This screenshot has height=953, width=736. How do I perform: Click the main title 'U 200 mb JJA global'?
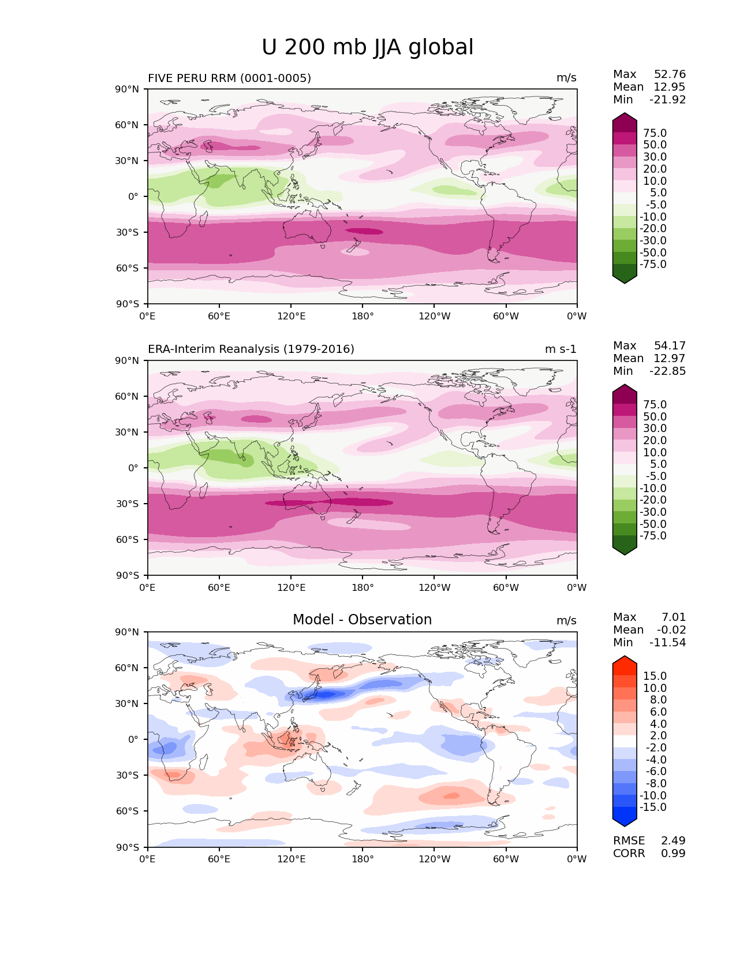point(367,47)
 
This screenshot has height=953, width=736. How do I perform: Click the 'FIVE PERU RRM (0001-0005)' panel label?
point(229,78)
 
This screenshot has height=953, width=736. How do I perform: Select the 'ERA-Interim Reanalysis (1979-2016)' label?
point(251,349)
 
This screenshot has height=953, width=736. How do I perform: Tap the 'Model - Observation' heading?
point(362,620)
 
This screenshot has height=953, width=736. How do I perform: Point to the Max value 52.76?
point(670,74)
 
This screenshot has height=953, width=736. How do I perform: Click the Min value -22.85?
point(667,371)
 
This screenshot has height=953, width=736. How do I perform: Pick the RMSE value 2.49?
point(673,840)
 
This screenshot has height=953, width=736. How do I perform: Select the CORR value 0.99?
point(673,853)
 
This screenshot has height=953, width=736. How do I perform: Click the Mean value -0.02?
point(671,630)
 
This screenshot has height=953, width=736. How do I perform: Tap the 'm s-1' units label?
point(561,349)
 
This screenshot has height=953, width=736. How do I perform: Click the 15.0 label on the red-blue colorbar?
point(655,676)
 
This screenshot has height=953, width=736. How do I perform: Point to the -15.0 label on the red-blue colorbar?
point(653,807)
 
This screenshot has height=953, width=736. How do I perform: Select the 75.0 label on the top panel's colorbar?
point(655,133)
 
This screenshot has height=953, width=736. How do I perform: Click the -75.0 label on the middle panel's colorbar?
point(653,535)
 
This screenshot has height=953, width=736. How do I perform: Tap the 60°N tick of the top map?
point(127,125)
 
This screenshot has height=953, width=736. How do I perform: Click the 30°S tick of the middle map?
point(127,504)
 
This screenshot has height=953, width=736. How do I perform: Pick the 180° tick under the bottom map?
point(363,859)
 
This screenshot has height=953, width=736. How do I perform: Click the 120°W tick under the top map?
point(434,316)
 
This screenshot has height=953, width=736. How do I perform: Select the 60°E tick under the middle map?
point(219,587)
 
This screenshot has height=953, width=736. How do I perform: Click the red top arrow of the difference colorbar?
point(625,661)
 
